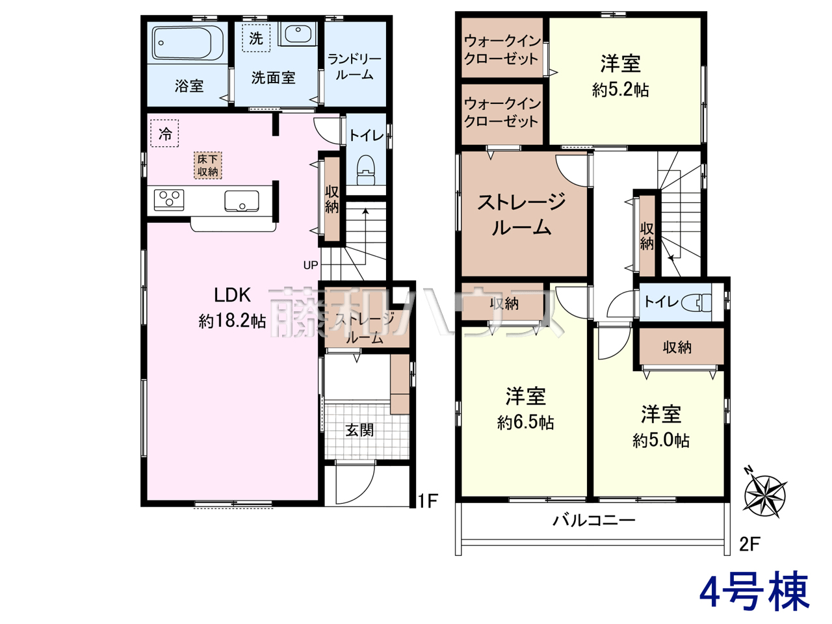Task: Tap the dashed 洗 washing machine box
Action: point(256,38)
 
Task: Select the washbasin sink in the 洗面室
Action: point(298,34)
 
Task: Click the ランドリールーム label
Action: point(355,67)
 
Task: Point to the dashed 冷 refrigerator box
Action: point(164,133)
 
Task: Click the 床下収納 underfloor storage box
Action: point(208,165)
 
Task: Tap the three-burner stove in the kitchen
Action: point(169,200)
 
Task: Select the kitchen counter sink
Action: point(242,201)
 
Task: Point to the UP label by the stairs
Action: point(311,265)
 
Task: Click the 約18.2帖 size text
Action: point(232,321)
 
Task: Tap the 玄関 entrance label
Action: point(359,430)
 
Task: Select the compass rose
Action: point(765,495)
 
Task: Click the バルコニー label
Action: point(593,521)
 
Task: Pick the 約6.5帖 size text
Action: point(525,422)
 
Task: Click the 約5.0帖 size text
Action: point(660,441)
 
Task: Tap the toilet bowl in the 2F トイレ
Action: point(697,303)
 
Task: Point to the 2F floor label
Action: point(749,545)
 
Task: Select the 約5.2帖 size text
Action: point(621,90)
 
